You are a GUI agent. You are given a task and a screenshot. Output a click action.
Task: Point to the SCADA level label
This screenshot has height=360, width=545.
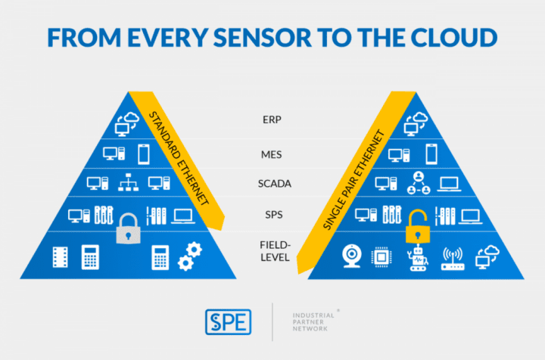(x=274, y=184)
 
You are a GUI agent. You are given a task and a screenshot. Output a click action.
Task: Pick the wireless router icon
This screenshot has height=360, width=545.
(x=452, y=257)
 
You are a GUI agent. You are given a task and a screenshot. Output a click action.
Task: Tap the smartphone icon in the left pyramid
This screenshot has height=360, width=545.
(x=144, y=153)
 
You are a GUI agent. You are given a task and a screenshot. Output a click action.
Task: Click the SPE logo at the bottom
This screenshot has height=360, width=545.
(x=229, y=320)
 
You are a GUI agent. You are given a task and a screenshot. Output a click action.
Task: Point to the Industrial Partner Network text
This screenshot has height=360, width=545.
(x=316, y=320)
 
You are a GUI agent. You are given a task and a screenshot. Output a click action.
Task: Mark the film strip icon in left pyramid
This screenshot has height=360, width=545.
(x=60, y=257)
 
